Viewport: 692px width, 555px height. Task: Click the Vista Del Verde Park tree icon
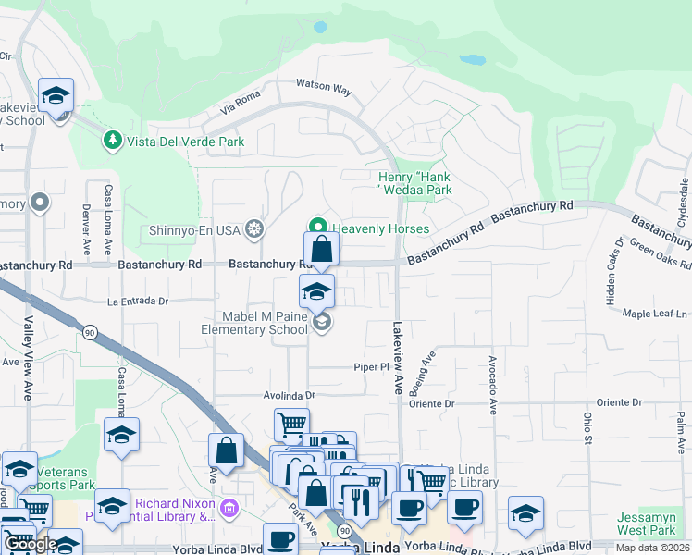point(112,142)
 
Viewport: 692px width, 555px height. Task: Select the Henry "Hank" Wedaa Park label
point(414,183)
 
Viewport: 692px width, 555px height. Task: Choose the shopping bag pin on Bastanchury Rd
point(321,250)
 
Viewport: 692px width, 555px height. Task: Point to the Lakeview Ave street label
point(398,359)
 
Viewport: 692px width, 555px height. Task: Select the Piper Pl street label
point(371,367)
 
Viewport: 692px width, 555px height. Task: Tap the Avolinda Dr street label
point(290,394)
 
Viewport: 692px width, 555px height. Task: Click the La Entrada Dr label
point(138,301)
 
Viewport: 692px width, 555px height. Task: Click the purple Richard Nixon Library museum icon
point(230,507)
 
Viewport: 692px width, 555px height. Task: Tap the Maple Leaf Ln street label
point(656,314)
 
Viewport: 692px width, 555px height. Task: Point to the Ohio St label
point(587,426)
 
